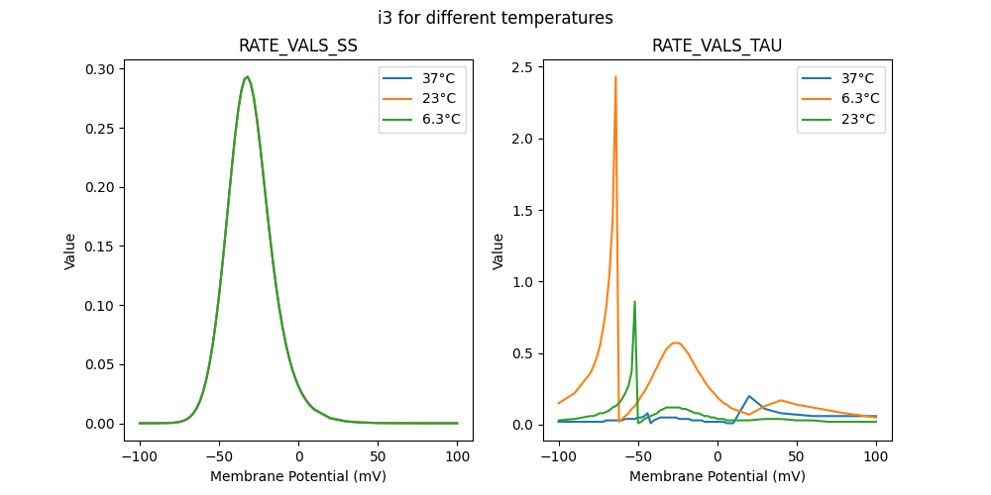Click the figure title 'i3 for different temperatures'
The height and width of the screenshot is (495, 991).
coord(495,18)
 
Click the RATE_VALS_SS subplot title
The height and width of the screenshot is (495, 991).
coord(298,47)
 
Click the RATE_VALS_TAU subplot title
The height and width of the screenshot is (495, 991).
coord(717,47)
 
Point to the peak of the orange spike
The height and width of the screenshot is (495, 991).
coord(615,76)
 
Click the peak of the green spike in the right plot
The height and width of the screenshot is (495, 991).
coord(634,302)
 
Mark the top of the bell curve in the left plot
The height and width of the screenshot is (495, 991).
coord(247,77)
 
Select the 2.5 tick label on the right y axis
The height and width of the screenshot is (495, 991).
coord(521,67)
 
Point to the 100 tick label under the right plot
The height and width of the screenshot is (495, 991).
coord(876,458)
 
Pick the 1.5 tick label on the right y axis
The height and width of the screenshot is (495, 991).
coord(521,211)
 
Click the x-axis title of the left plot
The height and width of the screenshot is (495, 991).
coord(298,476)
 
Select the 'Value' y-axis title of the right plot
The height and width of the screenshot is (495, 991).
coord(498,251)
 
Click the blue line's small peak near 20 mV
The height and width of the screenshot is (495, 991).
coord(749,396)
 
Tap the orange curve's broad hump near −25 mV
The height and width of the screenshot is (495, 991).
coord(676,343)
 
